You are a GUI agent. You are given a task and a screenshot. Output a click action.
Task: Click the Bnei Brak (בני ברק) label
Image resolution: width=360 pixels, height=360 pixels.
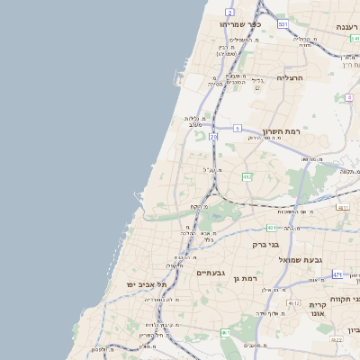coord(266,244)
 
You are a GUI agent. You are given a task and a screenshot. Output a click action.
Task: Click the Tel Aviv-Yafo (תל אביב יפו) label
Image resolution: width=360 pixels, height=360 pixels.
coord(144,284)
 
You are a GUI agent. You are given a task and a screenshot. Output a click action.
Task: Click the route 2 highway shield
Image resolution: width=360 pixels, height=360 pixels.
coord(229,12)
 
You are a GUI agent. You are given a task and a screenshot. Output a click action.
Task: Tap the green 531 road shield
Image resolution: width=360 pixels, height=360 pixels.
coord(282,24)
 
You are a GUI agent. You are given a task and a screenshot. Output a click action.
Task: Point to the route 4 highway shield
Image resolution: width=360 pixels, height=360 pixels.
coord(348,97)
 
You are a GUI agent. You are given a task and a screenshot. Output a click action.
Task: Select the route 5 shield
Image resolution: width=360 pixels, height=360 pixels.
coord(237,129)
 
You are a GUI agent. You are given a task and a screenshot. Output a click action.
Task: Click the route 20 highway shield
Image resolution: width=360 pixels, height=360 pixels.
coord(213,137)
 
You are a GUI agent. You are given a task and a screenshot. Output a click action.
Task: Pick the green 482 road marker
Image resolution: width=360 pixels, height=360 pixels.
coord(247,176)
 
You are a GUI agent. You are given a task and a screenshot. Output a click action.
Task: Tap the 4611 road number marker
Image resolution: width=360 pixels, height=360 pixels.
coord(342,208)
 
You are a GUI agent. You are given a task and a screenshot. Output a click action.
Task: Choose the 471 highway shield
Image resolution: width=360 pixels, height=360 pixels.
coord(337,274)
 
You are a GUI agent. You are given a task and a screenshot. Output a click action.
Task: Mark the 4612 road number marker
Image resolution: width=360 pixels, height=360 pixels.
coord(293,304)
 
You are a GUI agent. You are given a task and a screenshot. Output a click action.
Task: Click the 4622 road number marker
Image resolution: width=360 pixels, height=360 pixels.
coord(336,340)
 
